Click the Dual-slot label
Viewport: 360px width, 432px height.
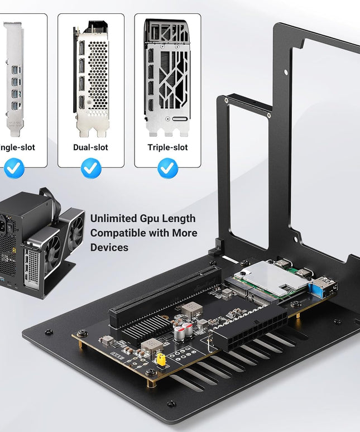90,147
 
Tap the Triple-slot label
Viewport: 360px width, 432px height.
167,147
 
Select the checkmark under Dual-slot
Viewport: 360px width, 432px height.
90,168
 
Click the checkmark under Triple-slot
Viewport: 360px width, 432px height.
167,168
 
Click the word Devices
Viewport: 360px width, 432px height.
109,247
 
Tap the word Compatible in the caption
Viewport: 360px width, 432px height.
118,233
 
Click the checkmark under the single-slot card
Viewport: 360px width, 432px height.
14,168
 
